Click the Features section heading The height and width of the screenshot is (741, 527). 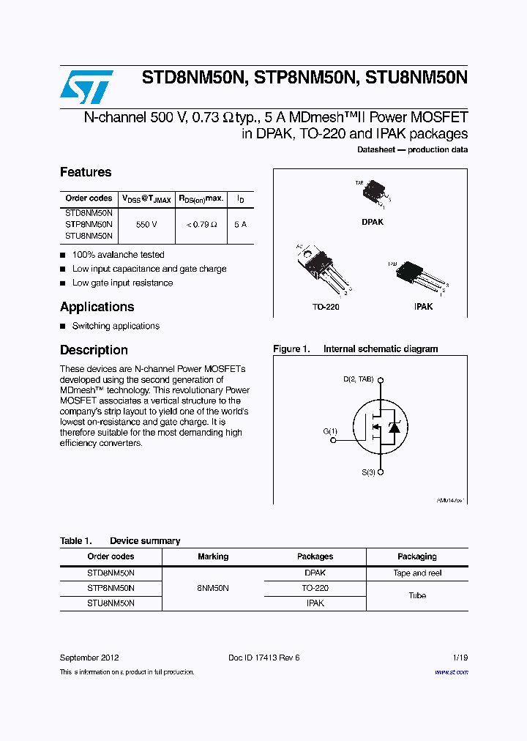click(86, 172)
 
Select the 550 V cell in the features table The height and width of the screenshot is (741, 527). click(146, 224)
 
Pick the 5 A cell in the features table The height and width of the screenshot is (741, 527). click(240, 224)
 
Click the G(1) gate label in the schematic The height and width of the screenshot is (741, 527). click(330, 431)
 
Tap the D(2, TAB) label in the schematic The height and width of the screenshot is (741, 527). click(359, 379)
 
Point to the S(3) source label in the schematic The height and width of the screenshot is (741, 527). click(368, 473)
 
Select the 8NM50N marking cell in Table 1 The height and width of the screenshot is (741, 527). click(213, 588)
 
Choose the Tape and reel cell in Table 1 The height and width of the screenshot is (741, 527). click(417, 573)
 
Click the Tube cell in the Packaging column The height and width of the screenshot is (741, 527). click(417, 595)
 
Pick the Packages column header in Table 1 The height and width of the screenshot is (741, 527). click(315, 556)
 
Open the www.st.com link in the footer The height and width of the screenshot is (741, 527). click(451, 672)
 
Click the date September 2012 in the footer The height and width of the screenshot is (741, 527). click(89, 658)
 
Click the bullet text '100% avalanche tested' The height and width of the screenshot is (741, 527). click(118, 255)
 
